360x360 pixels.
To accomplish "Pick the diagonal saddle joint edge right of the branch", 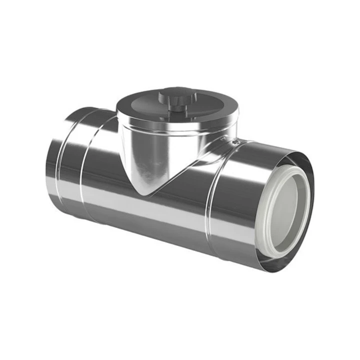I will point(185,170).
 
